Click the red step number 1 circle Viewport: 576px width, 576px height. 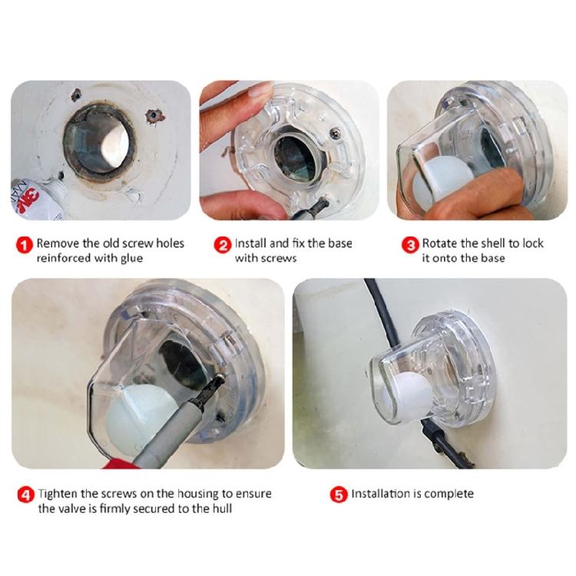[25, 244]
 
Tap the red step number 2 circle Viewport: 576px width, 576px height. [223, 244]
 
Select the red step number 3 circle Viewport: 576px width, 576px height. [411, 244]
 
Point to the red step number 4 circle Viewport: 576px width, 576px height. [25, 495]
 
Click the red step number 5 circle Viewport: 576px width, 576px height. [339, 495]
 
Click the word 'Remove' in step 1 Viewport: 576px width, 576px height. [58, 243]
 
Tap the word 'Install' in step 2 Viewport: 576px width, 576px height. [251, 243]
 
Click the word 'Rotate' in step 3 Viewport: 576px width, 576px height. [441, 243]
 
